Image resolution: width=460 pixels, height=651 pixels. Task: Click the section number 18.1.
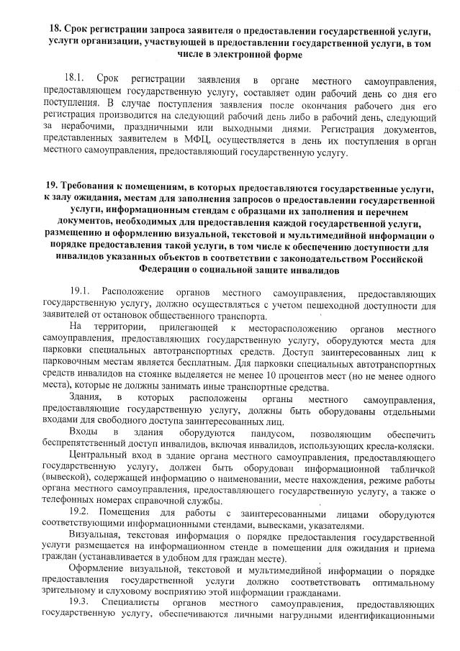(x=76, y=77)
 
